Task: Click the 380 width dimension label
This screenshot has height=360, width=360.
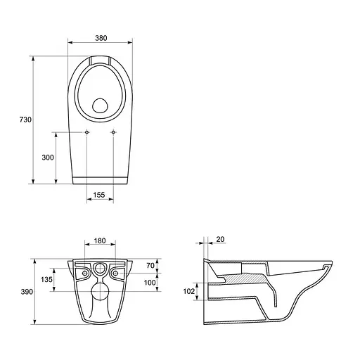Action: coord(101,38)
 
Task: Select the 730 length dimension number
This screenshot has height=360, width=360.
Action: coord(25,120)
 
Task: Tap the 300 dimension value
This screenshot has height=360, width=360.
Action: coord(48,157)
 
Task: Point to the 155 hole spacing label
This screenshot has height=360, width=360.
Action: coord(99,195)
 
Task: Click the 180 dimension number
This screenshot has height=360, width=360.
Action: coord(100,240)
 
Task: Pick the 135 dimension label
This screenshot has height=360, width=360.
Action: coord(46,279)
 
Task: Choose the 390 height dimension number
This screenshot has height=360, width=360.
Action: coord(27,292)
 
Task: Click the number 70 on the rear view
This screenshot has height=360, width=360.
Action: coord(150,266)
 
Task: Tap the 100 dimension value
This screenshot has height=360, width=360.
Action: coord(150,283)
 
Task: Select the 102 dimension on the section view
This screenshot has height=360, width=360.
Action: coord(189,291)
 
